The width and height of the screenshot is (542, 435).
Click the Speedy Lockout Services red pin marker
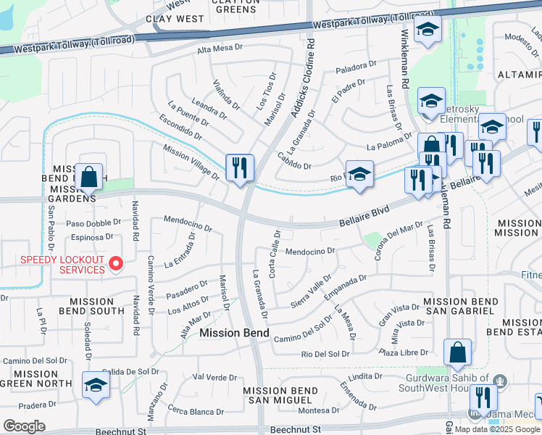point(114,263)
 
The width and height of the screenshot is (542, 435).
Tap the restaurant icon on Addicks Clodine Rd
point(239,168)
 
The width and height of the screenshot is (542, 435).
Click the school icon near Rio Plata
point(359,175)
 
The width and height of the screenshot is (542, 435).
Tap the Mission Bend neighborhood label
point(234,333)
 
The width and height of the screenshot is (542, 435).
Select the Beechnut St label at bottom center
point(295,430)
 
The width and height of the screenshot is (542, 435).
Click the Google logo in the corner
point(24,426)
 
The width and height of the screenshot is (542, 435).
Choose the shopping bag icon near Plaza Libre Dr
point(457,353)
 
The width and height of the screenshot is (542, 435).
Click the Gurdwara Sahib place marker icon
point(499,380)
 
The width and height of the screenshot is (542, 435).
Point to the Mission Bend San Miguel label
point(281,395)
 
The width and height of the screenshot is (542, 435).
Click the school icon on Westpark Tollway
point(428,30)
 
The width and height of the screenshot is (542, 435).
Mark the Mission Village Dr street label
point(191,161)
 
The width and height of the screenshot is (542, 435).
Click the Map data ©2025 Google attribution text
point(497,429)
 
